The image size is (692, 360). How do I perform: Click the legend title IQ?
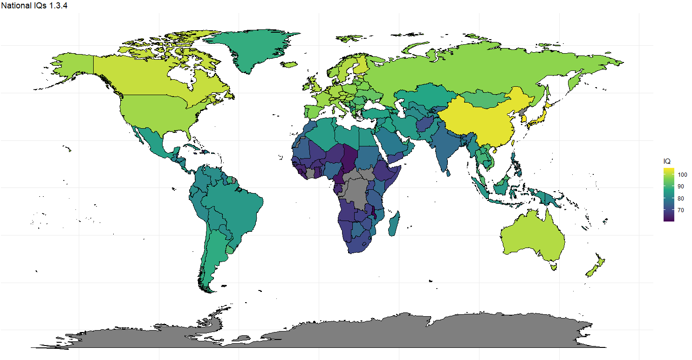(x=667, y=161)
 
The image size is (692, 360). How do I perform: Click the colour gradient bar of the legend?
(x=669, y=194)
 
